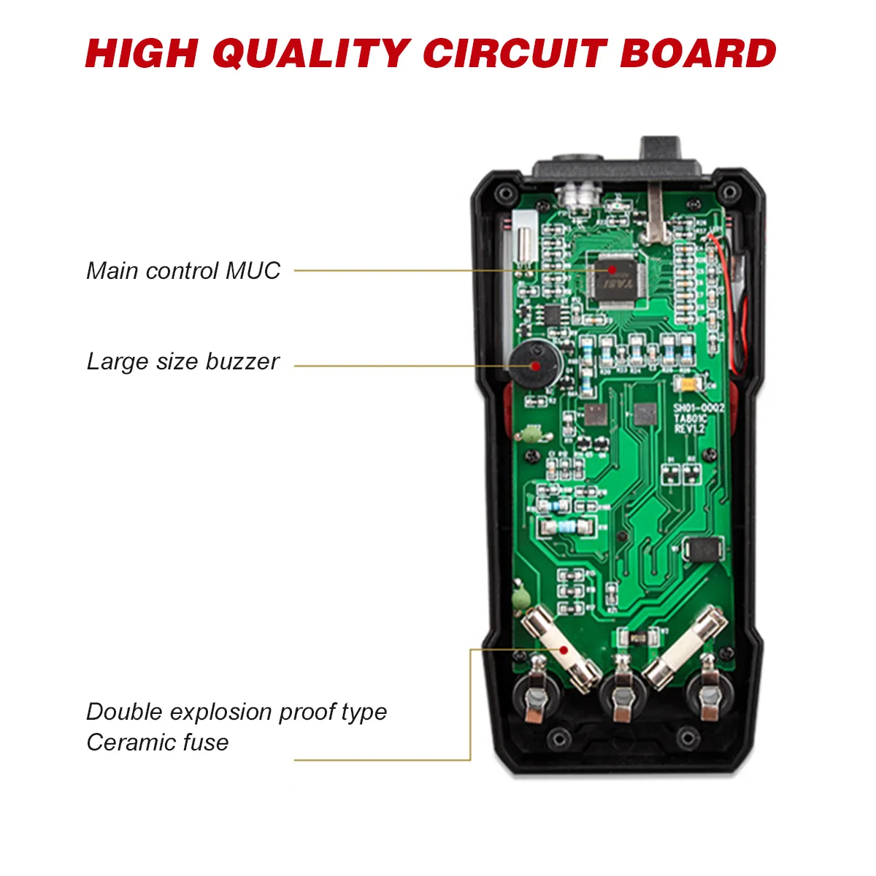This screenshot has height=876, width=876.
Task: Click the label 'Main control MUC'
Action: tap(183, 271)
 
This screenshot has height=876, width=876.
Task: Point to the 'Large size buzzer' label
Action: tap(182, 361)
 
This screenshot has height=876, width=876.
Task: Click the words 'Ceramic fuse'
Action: tap(158, 742)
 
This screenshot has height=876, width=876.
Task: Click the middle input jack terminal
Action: tap(622, 698)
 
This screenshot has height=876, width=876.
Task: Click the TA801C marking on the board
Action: tap(690, 419)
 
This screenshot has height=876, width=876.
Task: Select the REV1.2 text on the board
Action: tap(689, 430)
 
